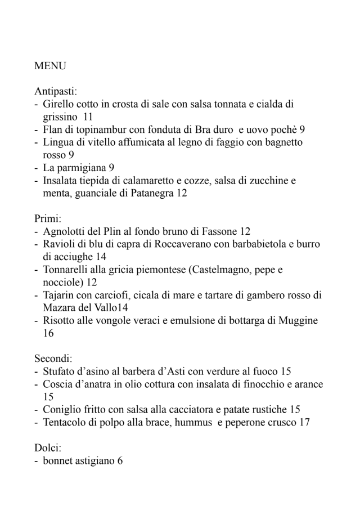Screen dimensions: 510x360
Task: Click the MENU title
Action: (x=50, y=66)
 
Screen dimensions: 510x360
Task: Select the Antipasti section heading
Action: (x=56, y=91)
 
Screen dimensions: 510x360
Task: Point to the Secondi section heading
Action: (x=53, y=357)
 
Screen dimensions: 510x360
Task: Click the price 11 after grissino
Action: (x=88, y=117)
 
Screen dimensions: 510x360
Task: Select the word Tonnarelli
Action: (x=67, y=270)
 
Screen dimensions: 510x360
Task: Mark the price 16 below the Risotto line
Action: (x=49, y=333)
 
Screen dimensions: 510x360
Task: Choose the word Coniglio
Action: (x=62, y=409)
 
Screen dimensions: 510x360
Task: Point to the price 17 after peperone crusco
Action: (x=304, y=422)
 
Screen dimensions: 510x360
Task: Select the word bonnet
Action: (x=57, y=460)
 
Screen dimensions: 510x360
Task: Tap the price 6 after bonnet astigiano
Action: (x=120, y=460)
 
